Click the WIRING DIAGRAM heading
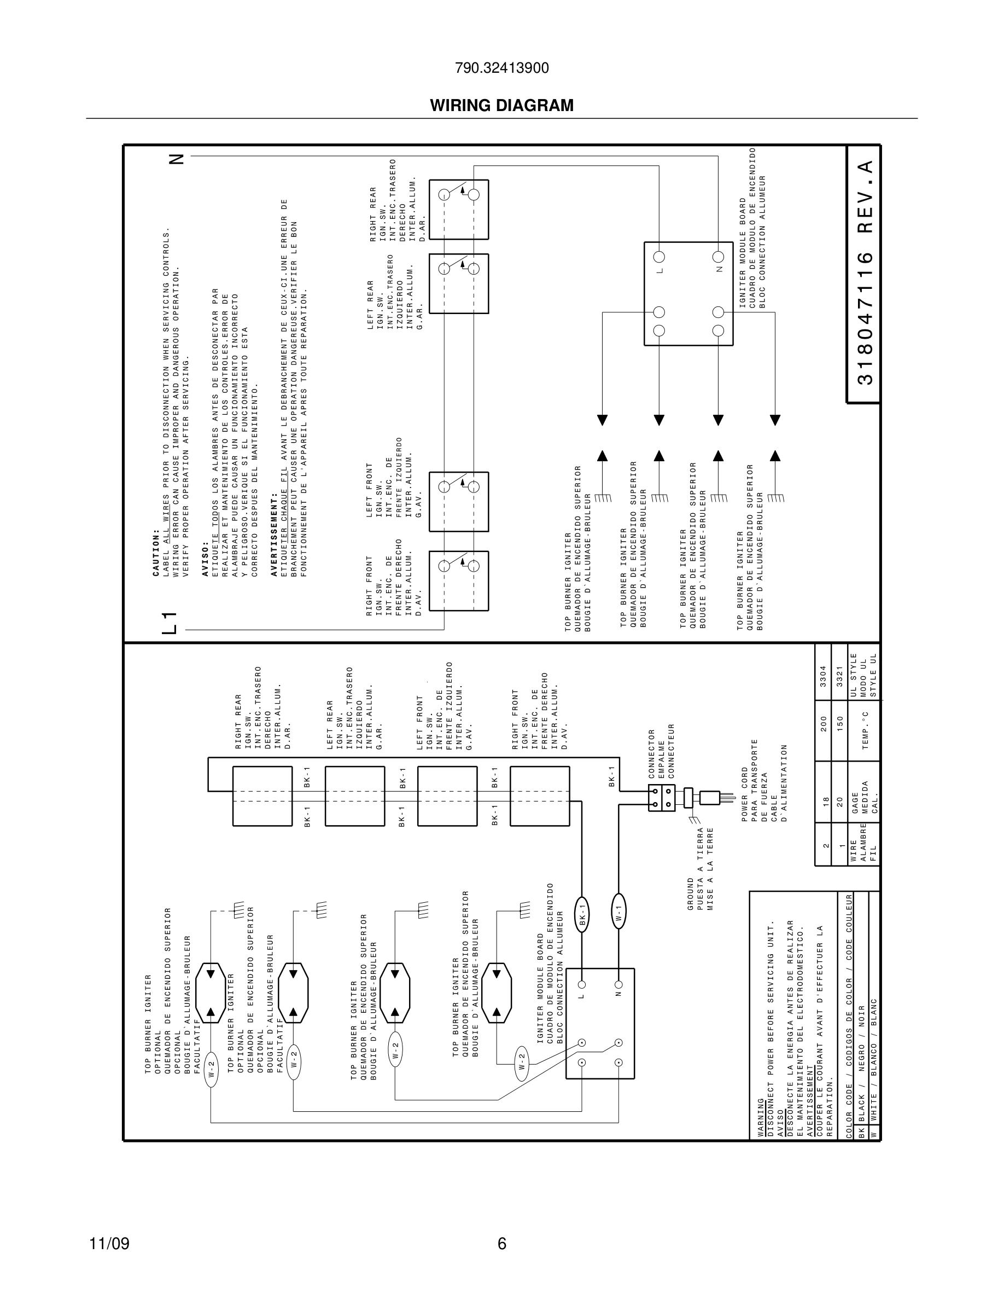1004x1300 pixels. (501, 106)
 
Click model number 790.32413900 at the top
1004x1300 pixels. (501, 68)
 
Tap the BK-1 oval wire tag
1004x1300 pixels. (582, 914)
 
